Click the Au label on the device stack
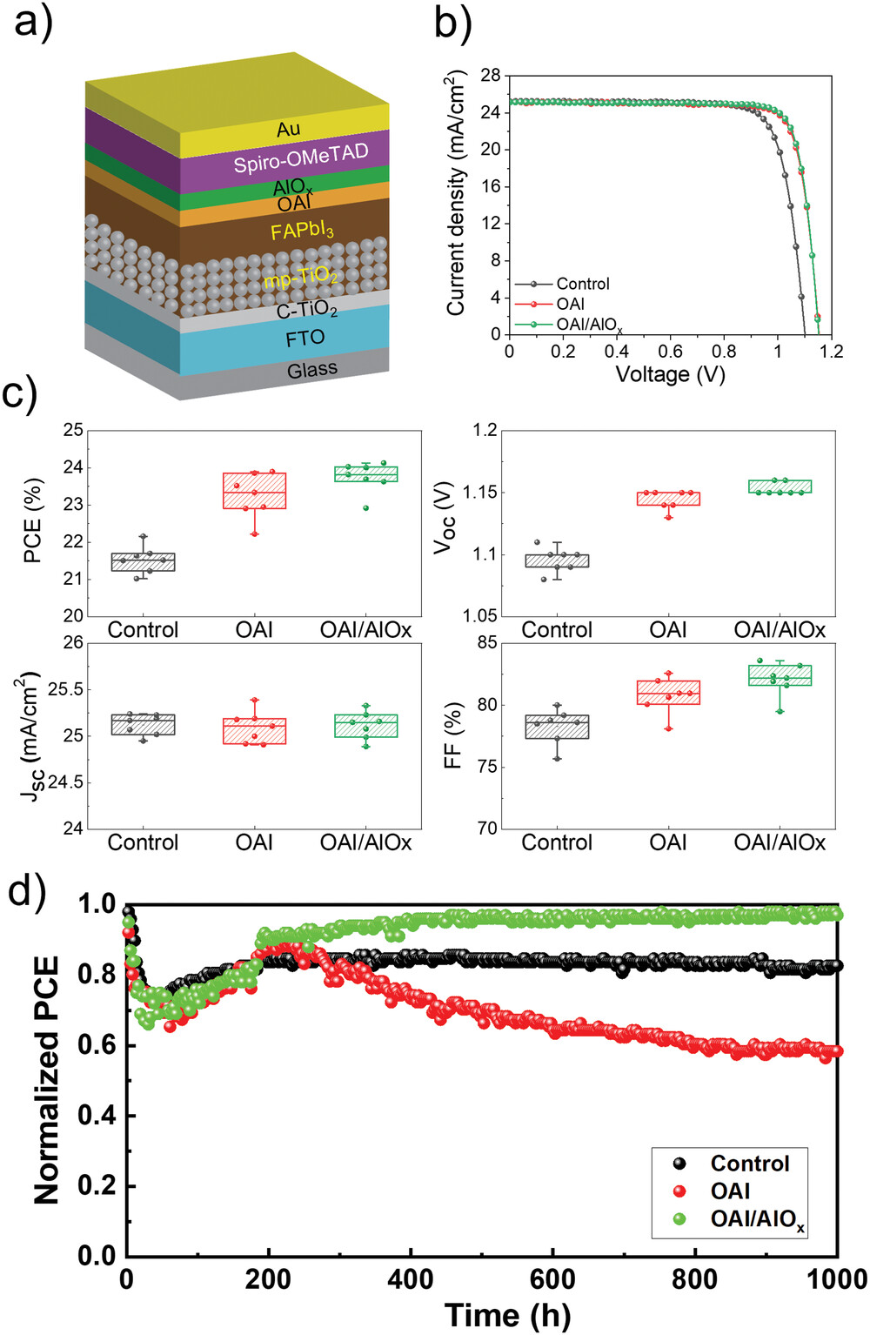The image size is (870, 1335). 289,129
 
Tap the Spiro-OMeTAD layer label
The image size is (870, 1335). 301,158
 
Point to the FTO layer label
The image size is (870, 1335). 305,339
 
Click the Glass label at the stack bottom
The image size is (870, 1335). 312,370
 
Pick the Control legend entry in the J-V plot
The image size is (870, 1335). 583,284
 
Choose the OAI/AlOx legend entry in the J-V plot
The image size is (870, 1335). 589,325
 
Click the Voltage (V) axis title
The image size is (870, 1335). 670,374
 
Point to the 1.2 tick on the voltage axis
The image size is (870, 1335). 831,351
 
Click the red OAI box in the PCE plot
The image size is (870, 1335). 254,491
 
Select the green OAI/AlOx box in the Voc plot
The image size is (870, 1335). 780,486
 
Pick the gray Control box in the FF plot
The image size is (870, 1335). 557,727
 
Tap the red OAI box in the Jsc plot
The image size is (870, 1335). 254,731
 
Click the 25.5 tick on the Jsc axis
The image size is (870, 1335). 66,689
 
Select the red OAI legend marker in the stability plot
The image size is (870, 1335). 679,1191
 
